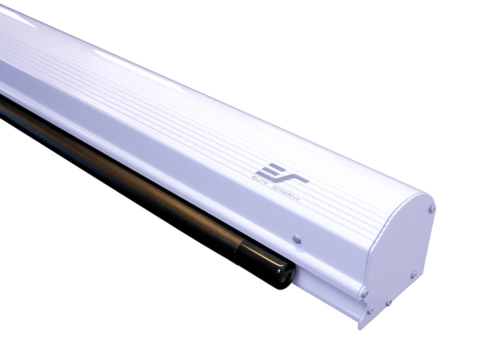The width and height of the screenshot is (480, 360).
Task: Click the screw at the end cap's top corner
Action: click(432, 208)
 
